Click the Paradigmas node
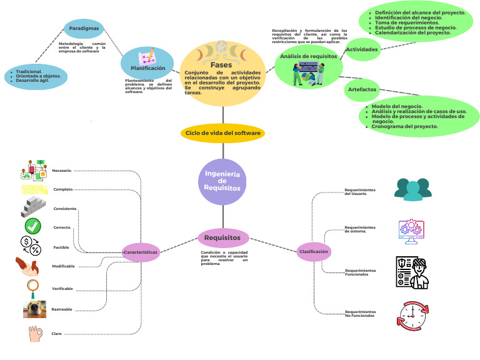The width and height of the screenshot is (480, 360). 83,27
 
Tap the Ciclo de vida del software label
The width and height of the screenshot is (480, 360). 223,133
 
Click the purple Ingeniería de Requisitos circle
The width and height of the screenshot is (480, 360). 223,182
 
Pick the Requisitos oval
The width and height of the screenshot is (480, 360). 223,237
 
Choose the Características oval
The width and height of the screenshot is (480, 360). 141,252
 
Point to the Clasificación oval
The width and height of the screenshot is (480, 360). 314,251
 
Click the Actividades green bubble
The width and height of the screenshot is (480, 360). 362,49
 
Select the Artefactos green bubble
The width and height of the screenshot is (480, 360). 362,90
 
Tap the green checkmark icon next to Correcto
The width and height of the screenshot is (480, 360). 33,226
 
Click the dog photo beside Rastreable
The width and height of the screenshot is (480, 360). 34,308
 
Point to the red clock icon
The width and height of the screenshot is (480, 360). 412,316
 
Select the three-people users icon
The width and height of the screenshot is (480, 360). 412,189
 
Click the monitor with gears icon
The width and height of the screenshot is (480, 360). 412,230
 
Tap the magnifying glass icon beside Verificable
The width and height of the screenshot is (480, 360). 33,287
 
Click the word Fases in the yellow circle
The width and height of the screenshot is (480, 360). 221,65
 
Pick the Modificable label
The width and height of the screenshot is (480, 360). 63,266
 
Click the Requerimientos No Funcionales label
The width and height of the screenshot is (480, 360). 360,313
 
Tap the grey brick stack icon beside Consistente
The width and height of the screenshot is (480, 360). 33,207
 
